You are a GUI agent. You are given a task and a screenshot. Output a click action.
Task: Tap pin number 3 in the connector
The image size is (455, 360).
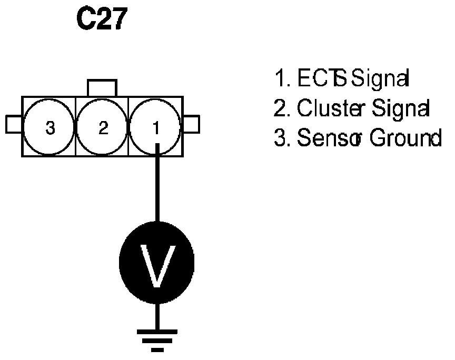(x=50, y=126)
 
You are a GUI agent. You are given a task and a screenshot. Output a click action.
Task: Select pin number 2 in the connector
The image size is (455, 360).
(x=103, y=126)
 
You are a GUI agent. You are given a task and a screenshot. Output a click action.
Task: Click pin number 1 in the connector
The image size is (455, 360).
(x=156, y=126)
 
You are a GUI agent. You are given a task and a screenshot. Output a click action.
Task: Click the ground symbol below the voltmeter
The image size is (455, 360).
(x=156, y=339)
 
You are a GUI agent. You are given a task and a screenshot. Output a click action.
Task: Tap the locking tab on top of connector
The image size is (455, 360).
(x=102, y=88)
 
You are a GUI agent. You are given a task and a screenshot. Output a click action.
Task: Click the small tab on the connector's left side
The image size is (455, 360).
(x=14, y=124)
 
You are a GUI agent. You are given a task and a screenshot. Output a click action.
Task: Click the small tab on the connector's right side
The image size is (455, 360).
(x=192, y=125)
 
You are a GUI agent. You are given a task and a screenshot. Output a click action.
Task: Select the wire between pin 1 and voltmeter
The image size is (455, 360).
(x=156, y=184)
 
